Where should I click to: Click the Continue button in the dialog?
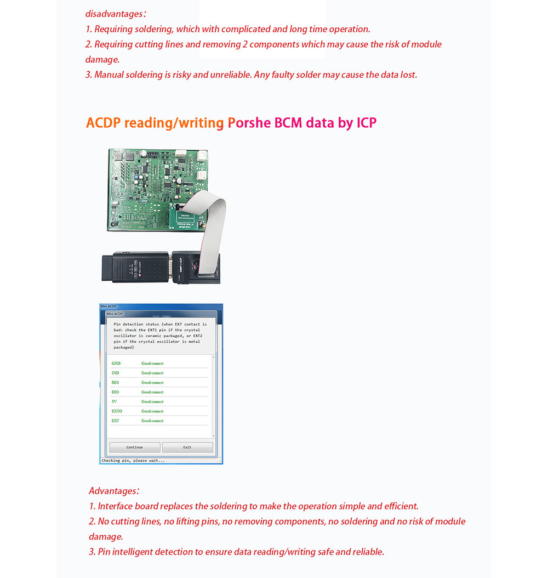point(135,447)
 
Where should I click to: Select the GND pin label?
point(116,364)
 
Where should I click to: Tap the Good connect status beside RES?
point(152,383)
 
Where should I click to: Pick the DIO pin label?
point(115,392)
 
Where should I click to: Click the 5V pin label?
point(115,401)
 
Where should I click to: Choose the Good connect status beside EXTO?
point(152,411)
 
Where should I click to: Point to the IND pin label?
point(116,373)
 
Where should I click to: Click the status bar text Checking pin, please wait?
point(133,461)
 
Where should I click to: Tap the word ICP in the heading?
point(367,122)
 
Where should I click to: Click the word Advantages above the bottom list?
point(112,491)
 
